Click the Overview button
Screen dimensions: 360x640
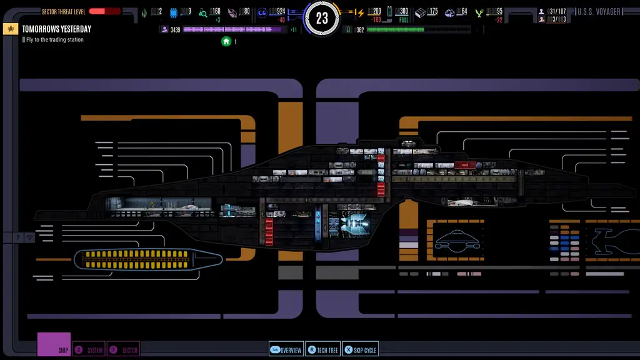286,350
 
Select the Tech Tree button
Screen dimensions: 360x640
322,350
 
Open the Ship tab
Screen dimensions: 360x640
54,345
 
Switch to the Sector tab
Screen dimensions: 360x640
123,350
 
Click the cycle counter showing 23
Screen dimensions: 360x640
322,19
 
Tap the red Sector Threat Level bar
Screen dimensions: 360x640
104,11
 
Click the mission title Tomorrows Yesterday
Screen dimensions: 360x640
56,29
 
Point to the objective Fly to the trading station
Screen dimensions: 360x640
55,40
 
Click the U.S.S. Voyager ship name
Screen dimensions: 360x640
599,12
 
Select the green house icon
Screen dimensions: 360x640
226,41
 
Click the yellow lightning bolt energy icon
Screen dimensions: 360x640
360,12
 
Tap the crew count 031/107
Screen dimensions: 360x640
556,11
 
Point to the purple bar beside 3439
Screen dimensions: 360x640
231,29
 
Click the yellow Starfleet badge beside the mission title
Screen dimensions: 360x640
11,29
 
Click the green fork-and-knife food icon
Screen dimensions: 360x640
480,12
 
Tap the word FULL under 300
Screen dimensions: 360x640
404,20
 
